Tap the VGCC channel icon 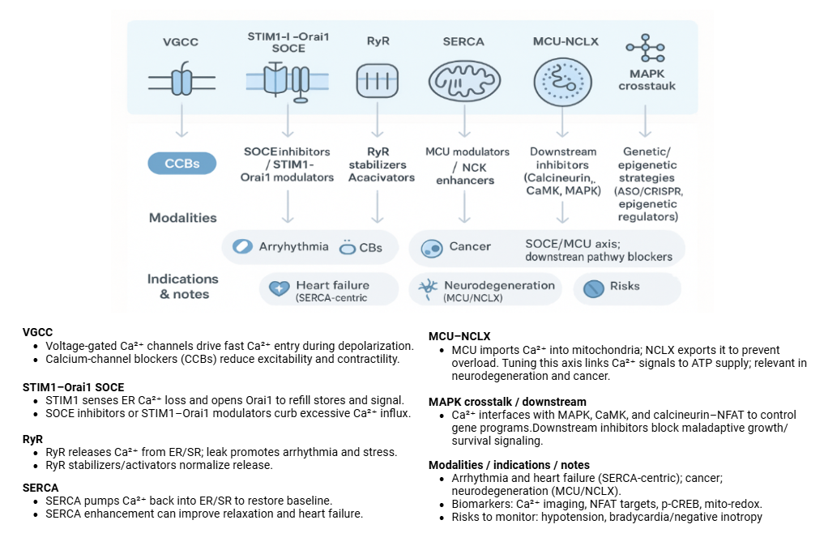point(181,81)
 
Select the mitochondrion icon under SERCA point(464,82)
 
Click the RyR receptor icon point(374,81)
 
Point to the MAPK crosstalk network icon point(646,49)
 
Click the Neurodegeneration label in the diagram point(499,285)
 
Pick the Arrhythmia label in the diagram point(293,246)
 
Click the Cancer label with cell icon point(470,246)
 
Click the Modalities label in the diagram point(182,217)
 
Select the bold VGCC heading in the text point(37,332)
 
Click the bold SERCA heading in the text point(41,488)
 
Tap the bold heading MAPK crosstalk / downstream point(507,402)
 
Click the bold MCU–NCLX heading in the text point(459,336)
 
